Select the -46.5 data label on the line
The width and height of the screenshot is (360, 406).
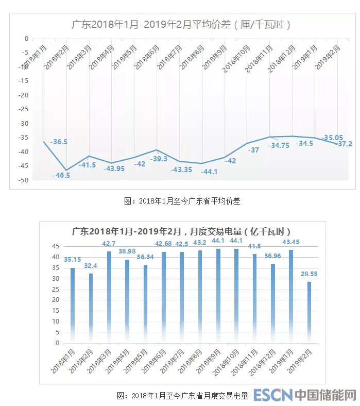61,175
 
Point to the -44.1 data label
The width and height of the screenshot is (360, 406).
209,171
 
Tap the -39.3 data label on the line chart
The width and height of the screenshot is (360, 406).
158,159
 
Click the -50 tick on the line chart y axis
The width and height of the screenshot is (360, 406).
24,180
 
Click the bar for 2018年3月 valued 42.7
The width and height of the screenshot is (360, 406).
109,296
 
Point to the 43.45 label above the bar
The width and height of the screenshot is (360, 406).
291,242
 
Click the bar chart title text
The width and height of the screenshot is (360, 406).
182,231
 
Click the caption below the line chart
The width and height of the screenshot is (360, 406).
182,201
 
